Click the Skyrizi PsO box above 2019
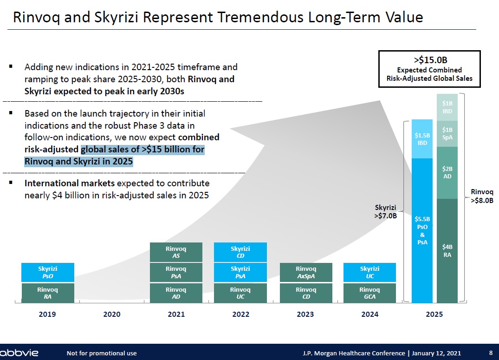tap(47, 272)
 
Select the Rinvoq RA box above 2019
tap(47, 293)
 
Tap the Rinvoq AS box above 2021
tap(176, 252)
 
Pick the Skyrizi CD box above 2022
tap(240, 252)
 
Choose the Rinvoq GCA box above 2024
tap(369, 293)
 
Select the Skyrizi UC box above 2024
tap(369, 272)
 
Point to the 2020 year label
tap(112, 314)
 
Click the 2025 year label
tap(434, 314)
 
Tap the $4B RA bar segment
tap(447, 251)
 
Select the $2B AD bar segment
tap(447, 173)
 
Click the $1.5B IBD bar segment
tap(422, 139)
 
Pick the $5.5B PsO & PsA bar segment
tap(422, 230)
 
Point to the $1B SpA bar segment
tap(447, 133)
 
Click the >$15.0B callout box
tap(429, 69)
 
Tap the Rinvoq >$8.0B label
tap(482, 196)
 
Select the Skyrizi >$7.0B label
tap(386, 211)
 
